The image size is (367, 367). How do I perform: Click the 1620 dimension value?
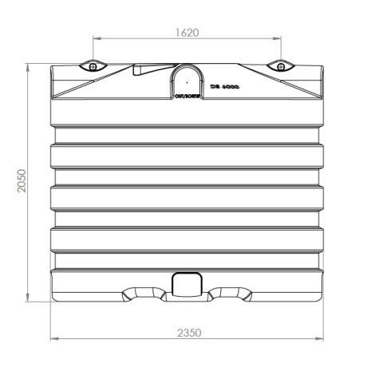tap(186, 32)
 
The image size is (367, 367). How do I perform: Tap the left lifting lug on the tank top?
tap(93, 65)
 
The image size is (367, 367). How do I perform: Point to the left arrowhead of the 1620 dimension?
tap(96, 38)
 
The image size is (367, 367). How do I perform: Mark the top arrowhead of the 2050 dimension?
tap(29, 65)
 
